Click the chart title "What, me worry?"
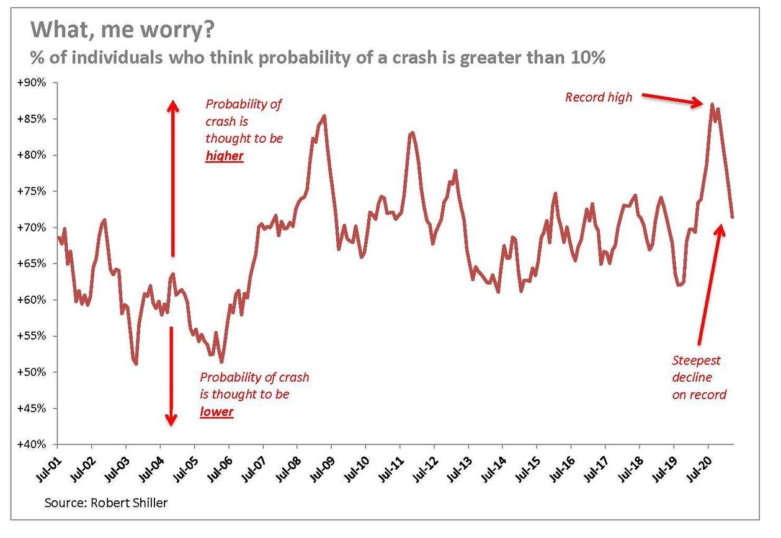coord(122,30)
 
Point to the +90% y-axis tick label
coord(32,83)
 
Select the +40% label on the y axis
coord(32,444)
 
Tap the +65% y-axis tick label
coord(32,264)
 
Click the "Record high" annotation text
coord(598,97)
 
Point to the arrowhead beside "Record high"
coord(698,102)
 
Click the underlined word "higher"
coord(224,156)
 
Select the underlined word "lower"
coord(216,412)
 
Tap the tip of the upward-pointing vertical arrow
coord(173,101)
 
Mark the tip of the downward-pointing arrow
coord(171,426)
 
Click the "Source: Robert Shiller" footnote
coord(106,503)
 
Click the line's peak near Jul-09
coord(324,116)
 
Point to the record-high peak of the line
coord(712,104)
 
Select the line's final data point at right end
coord(732,217)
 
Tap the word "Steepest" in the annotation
coord(696,361)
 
